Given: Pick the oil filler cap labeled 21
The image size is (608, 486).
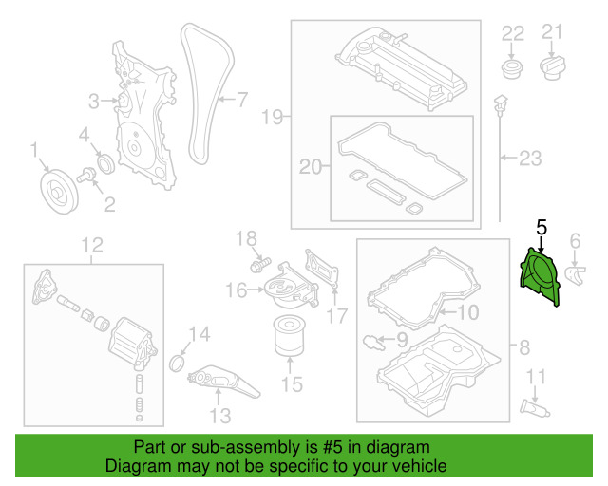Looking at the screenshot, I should click(x=553, y=67).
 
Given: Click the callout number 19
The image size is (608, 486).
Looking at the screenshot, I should click(x=273, y=117).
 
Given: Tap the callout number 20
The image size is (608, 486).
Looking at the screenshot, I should click(x=311, y=167).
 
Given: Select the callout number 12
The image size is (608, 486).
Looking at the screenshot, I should click(x=90, y=248).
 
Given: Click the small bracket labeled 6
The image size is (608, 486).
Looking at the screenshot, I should click(x=576, y=274).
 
